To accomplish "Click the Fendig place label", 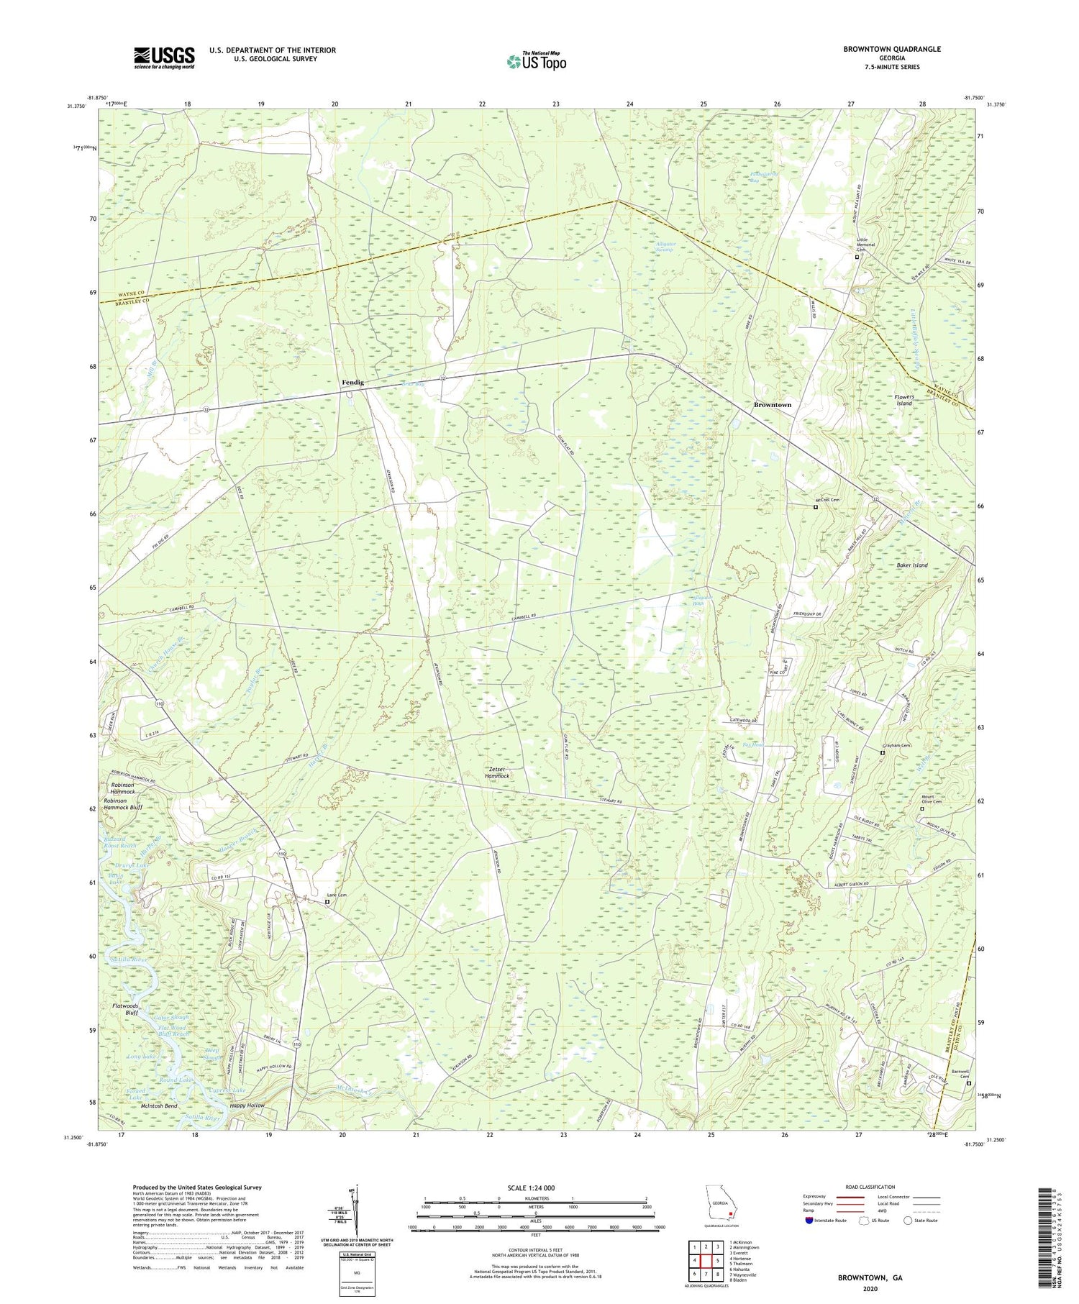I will (x=352, y=383).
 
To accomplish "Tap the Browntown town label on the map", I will (x=772, y=405).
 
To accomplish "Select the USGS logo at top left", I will (x=164, y=58).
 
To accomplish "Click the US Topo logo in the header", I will (x=535, y=61).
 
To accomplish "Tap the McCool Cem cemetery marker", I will (x=815, y=507).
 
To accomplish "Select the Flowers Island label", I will (x=903, y=400).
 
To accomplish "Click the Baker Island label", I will (x=911, y=565).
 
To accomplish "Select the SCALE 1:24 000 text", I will (x=535, y=1187).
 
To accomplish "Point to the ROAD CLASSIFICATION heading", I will (x=870, y=1187).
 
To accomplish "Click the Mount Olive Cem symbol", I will (x=922, y=808).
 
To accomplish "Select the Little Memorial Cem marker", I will (x=856, y=257).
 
